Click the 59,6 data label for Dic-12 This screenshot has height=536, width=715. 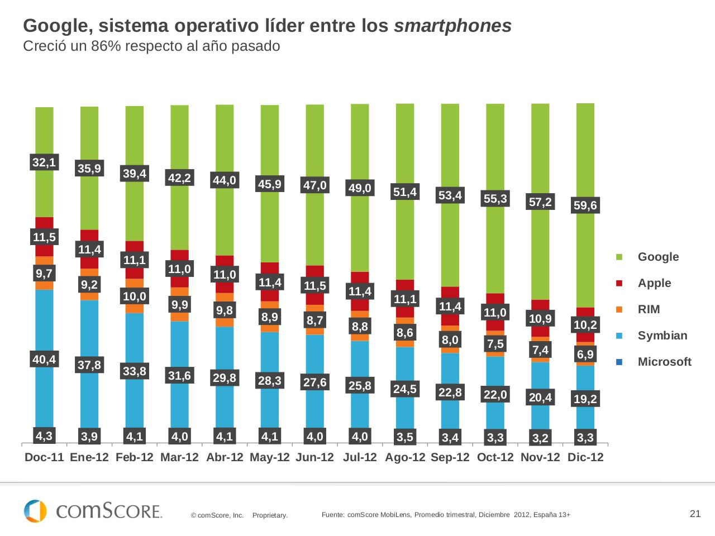click(585, 206)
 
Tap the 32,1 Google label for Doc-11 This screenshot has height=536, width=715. click(44, 162)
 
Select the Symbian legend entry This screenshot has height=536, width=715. click(662, 336)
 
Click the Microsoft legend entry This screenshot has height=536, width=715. click(664, 362)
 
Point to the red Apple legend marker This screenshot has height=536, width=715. click(619, 284)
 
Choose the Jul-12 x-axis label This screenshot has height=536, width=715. click(360, 457)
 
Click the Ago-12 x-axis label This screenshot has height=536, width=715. click(405, 457)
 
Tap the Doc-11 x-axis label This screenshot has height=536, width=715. click(45, 457)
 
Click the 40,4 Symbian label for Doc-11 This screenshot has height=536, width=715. click(44, 360)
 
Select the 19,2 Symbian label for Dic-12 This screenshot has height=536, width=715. click(585, 399)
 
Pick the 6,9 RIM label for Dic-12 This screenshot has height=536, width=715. click(585, 354)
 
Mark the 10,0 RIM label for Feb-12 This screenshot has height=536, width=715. click(135, 296)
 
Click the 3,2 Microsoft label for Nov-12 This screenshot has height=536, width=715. click(540, 438)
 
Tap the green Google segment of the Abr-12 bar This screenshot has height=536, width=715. click(225, 140)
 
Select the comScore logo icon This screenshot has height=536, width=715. click(35, 511)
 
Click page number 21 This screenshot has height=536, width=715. click(695, 514)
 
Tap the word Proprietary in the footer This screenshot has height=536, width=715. click(270, 515)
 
